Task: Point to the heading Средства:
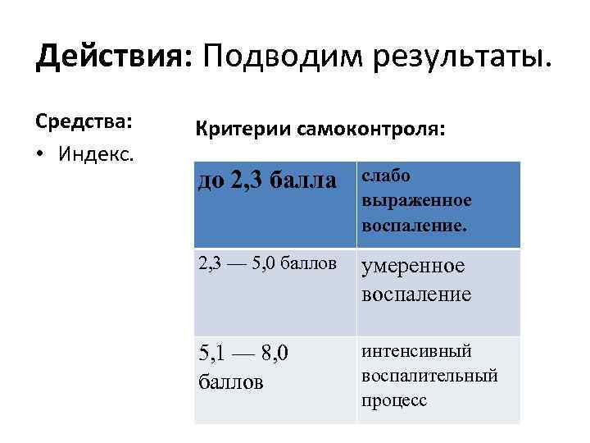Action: [84, 121]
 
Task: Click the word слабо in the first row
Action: [385, 176]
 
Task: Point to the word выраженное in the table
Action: [415, 200]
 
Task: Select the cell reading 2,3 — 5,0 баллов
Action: [267, 264]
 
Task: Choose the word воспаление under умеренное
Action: [416, 295]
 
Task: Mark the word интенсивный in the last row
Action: [416, 352]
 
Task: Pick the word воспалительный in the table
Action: [429, 376]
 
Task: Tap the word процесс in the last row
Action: [394, 400]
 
